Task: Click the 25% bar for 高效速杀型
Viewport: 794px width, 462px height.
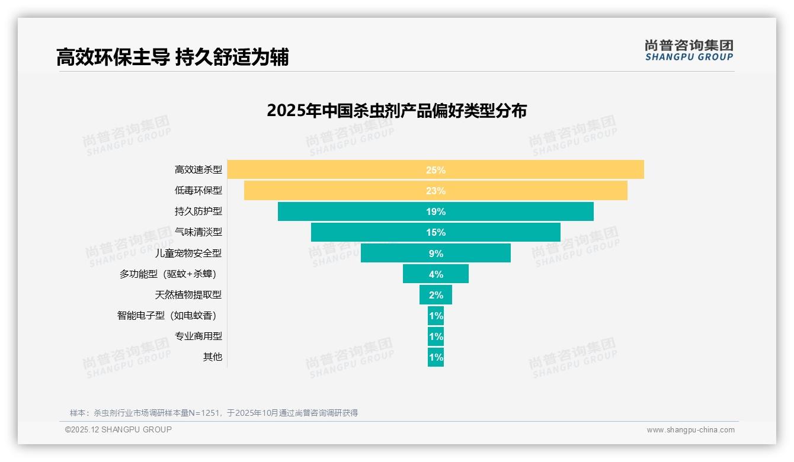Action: [436, 169]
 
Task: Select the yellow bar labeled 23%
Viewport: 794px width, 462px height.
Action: [436, 191]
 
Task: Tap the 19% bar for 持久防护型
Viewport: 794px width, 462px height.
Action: [436, 211]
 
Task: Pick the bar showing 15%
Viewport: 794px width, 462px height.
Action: [436, 232]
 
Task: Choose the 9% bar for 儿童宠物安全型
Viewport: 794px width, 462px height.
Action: [436, 253]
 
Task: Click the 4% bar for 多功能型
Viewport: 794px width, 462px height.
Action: [436, 274]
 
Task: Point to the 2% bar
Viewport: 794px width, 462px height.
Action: [436, 295]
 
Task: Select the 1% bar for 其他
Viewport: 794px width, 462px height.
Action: [436, 357]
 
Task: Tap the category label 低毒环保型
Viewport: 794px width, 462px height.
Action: [198, 191]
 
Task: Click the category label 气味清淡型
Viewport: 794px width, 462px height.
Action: [198, 232]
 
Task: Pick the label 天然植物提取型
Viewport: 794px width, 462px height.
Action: [188, 295]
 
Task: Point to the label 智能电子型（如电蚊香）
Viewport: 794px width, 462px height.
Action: [170, 316]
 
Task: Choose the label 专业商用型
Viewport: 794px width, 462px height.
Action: [198, 336]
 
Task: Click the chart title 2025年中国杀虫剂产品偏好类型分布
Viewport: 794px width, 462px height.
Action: [396, 111]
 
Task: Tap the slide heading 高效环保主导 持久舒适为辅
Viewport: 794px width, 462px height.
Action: [172, 57]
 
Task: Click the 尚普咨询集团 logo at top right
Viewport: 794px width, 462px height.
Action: [689, 50]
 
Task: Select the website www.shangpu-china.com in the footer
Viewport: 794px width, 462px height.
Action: [690, 430]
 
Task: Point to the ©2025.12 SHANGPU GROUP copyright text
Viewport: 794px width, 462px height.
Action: [118, 430]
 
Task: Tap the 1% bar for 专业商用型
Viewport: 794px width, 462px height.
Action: [436, 336]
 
